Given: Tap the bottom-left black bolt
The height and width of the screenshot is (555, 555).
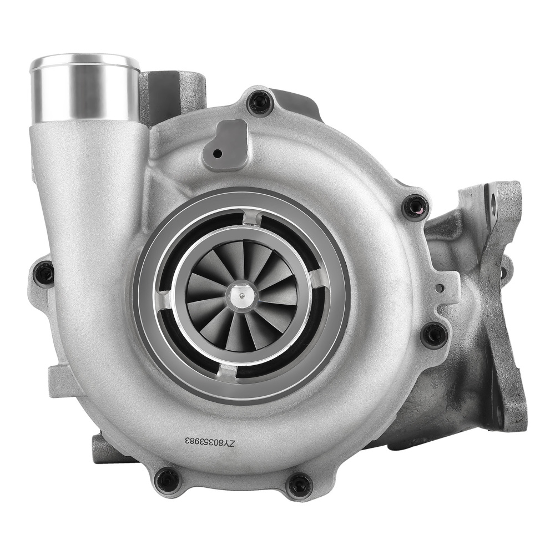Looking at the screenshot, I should [x=168, y=479].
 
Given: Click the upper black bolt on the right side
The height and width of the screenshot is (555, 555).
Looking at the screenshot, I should [x=416, y=207].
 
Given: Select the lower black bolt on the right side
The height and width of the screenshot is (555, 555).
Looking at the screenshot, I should [x=433, y=335].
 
